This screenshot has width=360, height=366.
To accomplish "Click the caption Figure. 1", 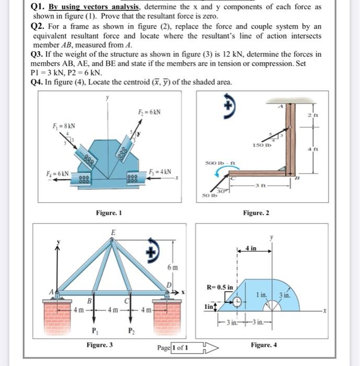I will click(109, 213).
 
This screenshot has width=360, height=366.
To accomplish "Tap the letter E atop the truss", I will click(112, 232).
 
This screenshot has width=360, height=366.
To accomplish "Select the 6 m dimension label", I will click(172, 267).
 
